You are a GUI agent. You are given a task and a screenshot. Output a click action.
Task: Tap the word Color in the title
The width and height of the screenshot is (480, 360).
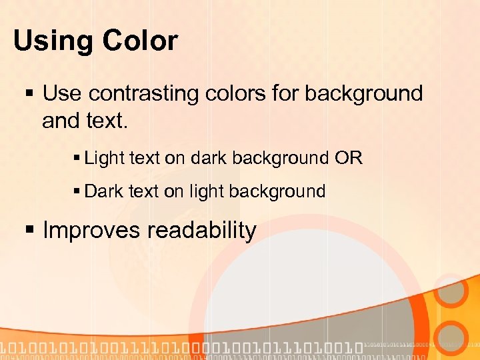point(140,41)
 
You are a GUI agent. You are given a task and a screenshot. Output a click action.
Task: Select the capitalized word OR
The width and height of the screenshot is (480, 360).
point(348,159)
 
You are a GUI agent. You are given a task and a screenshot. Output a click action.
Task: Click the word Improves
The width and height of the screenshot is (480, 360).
point(91,231)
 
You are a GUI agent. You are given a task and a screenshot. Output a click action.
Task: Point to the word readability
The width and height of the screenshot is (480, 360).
point(201,231)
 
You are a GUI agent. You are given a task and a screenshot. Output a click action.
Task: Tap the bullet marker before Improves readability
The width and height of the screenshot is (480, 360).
point(28,231)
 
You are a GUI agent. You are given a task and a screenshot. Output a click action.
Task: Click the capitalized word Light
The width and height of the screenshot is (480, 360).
point(104,159)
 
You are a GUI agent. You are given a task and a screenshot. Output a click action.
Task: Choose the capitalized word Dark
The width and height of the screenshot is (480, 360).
point(104,191)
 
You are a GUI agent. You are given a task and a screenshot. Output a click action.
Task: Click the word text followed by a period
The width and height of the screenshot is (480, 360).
point(105,121)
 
